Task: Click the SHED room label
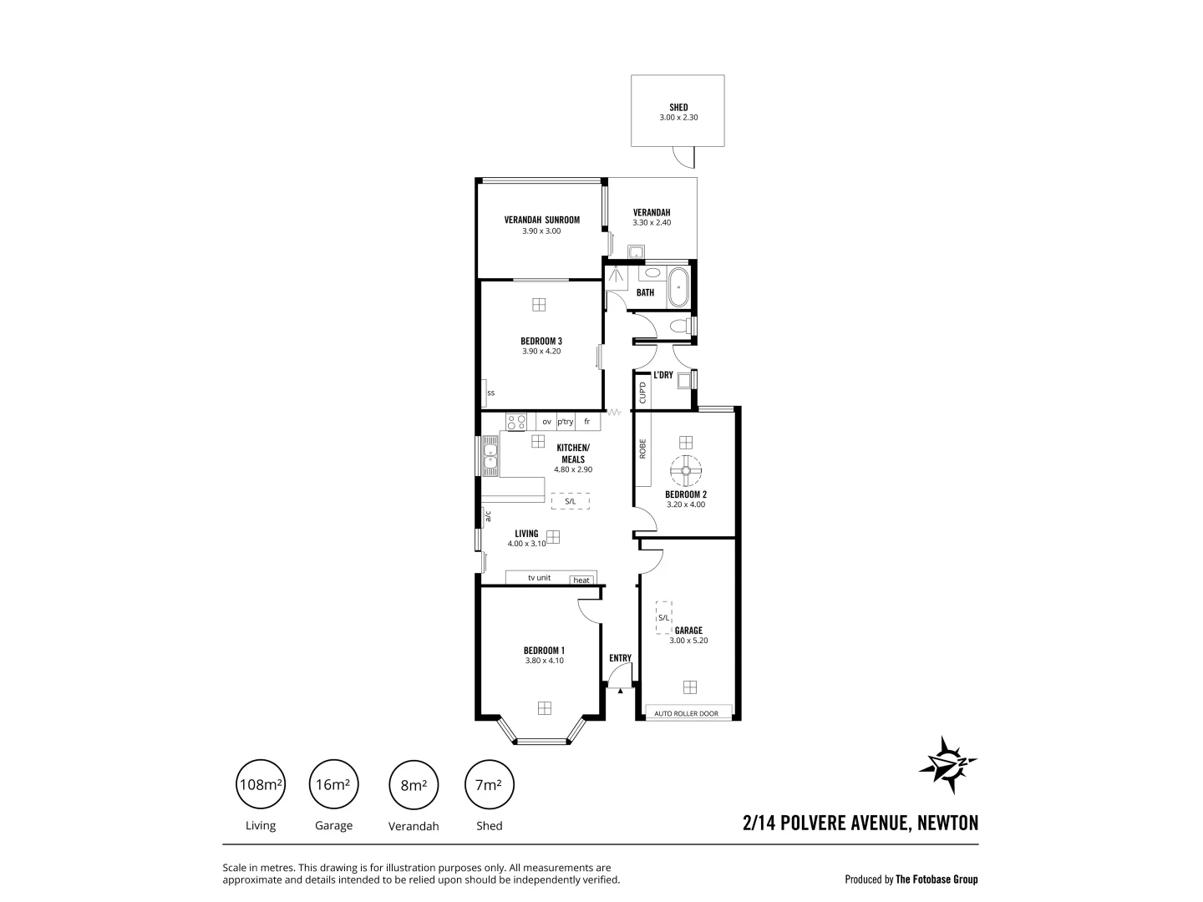coord(678,107)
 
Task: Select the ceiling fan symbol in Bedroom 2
coord(686,472)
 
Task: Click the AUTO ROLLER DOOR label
coord(686,713)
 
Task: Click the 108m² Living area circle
coord(261,785)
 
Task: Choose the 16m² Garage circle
coord(333,785)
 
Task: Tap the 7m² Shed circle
coord(489,785)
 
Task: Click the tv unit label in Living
coord(539,578)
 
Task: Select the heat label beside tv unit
coord(581,580)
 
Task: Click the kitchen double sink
coord(490,456)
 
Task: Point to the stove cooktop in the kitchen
coord(516,422)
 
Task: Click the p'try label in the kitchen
coord(566,422)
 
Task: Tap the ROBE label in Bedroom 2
coord(642,449)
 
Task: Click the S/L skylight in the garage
coord(663,618)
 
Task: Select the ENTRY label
coord(620,658)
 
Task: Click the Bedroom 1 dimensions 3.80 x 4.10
coord(544,661)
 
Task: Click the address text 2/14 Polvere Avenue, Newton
coord(860,823)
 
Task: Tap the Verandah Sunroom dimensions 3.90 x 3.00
coord(541,231)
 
